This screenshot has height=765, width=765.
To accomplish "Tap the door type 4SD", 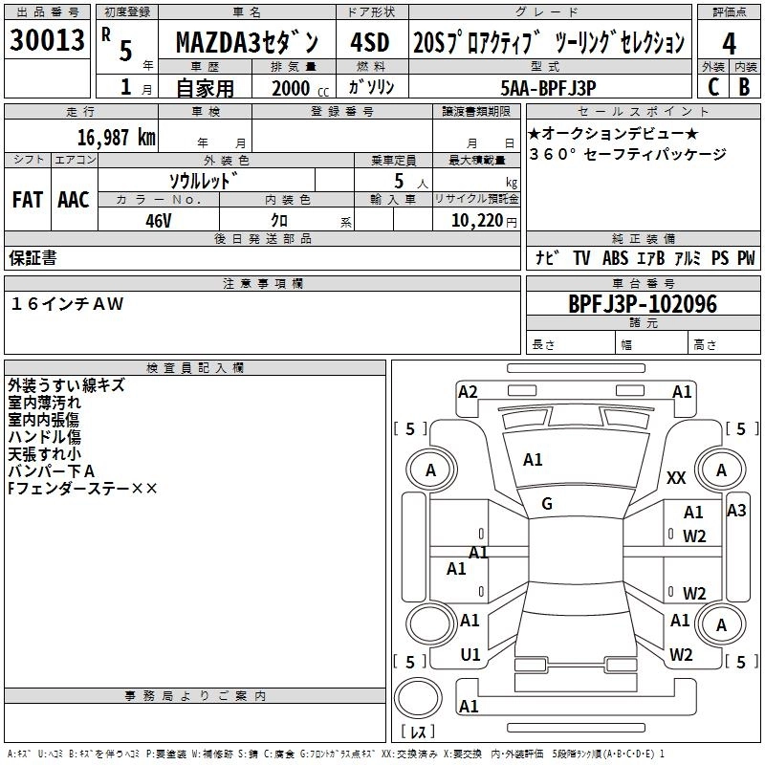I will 369,43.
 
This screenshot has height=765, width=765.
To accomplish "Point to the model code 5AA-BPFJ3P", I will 548,87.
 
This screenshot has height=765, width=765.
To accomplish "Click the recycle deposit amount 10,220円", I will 474,219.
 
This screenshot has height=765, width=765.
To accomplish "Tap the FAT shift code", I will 27,200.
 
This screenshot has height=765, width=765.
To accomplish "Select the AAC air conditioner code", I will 74,200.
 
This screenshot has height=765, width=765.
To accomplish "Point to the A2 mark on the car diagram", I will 468,391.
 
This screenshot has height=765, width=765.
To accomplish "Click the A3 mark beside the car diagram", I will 736,510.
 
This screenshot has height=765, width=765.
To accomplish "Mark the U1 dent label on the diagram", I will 470,655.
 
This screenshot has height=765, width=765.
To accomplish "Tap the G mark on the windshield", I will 547,503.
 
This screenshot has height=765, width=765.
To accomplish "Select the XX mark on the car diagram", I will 676,478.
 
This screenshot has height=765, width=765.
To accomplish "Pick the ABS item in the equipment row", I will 615,258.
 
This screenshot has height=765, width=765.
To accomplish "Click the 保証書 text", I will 33,258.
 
